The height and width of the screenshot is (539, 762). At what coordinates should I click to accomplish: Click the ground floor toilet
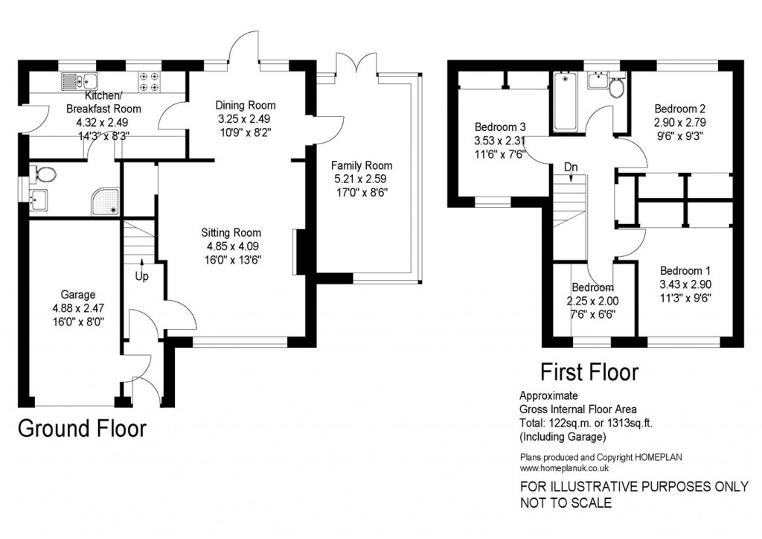click(x=44, y=176)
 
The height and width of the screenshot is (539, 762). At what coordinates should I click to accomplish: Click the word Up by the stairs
click(x=141, y=275)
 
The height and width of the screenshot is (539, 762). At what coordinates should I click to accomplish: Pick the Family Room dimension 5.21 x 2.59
click(x=362, y=179)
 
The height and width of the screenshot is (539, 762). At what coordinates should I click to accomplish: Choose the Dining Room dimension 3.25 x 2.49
click(x=246, y=118)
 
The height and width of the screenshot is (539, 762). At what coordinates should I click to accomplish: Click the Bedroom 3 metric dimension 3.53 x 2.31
click(x=500, y=140)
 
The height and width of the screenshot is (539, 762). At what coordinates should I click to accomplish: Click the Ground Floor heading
click(x=81, y=430)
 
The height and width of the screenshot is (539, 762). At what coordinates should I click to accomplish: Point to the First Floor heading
click(x=589, y=370)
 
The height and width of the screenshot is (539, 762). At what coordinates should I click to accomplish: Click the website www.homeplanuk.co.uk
click(x=565, y=468)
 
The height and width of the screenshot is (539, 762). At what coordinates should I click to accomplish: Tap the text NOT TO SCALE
click(x=566, y=503)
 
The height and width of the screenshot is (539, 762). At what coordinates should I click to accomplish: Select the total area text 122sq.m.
click(x=571, y=422)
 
